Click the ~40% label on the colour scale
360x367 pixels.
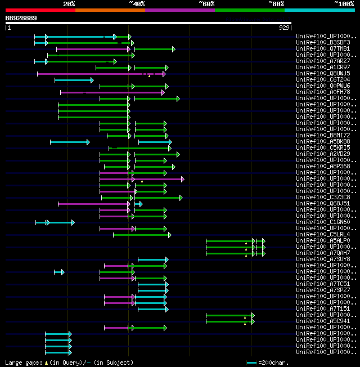[137, 4]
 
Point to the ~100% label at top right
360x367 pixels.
[344, 4]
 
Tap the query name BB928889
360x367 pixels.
[21, 18]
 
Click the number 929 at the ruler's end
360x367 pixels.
[284, 27]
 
